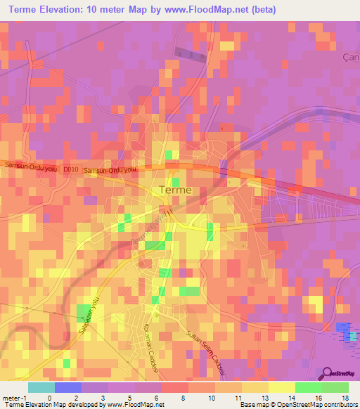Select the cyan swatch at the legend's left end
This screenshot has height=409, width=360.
coord(41,387)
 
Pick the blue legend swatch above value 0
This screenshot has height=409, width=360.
coord(67,387)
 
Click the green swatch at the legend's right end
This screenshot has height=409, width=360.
coord(335,387)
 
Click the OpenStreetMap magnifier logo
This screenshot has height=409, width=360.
coord(328,374)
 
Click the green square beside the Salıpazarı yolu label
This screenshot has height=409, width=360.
coord(84,313)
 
